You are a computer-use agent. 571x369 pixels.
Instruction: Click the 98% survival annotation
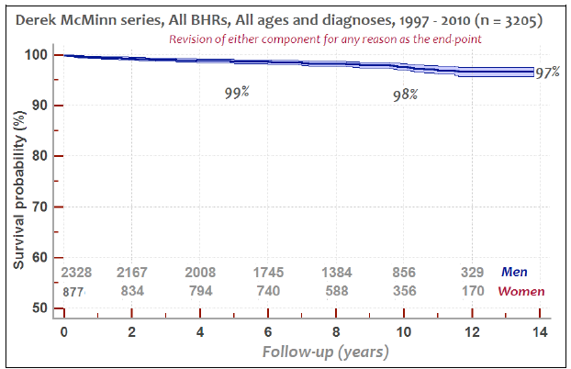[x=405, y=94]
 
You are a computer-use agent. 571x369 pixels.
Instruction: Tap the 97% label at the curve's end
[x=549, y=73]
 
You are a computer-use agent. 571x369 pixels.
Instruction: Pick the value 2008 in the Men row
[x=199, y=273]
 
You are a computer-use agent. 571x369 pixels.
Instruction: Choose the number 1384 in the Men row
[x=335, y=273]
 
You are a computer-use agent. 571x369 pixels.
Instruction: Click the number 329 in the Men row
[x=471, y=273]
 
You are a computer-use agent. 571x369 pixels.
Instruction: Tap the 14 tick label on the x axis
[x=540, y=331]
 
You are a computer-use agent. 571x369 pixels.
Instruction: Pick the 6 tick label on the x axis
[x=267, y=331]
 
